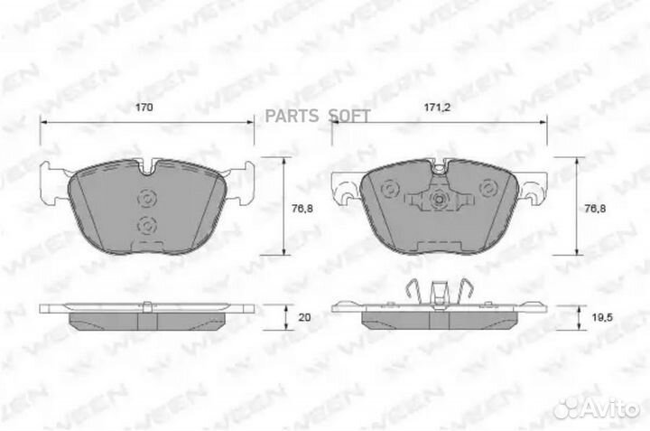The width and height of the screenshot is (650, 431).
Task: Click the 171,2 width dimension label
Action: (437, 108)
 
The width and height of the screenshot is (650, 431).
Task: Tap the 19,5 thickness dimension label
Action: (590, 318)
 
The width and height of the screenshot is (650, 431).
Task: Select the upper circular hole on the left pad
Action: (145, 200)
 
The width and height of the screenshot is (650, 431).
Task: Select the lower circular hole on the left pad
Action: (145, 225)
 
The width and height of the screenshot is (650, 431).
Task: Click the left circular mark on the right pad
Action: (390, 189)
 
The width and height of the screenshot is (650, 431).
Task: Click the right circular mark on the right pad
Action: (487, 189)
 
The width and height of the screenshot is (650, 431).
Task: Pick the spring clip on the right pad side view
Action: (438, 293)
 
